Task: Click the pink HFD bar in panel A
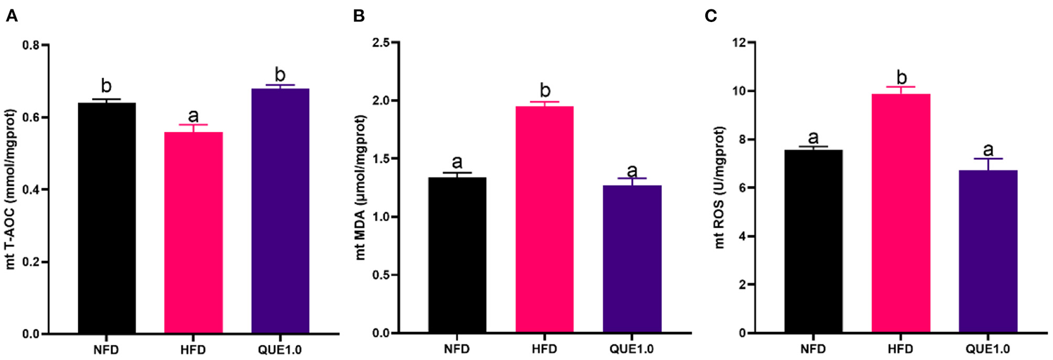click(x=193, y=232)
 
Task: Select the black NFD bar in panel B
click(x=457, y=255)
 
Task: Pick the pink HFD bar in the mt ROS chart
click(x=901, y=214)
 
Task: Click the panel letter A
click(x=11, y=16)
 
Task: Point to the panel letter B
click(x=358, y=16)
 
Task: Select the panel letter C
click(x=711, y=16)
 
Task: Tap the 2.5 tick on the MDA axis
click(x=383, y=43)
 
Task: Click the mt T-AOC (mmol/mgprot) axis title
click(x=11, y=189)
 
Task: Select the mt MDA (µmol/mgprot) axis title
click(x=361, y=188)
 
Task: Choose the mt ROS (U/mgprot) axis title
click(x=720, y=188)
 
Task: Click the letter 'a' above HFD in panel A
click(x=193, y=115)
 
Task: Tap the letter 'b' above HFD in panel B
click(x=545, y=90)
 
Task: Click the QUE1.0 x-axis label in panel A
click(x=280, y=350)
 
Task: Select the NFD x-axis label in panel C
click(x=813, y=349)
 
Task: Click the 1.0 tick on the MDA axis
click(x=383, y=217)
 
